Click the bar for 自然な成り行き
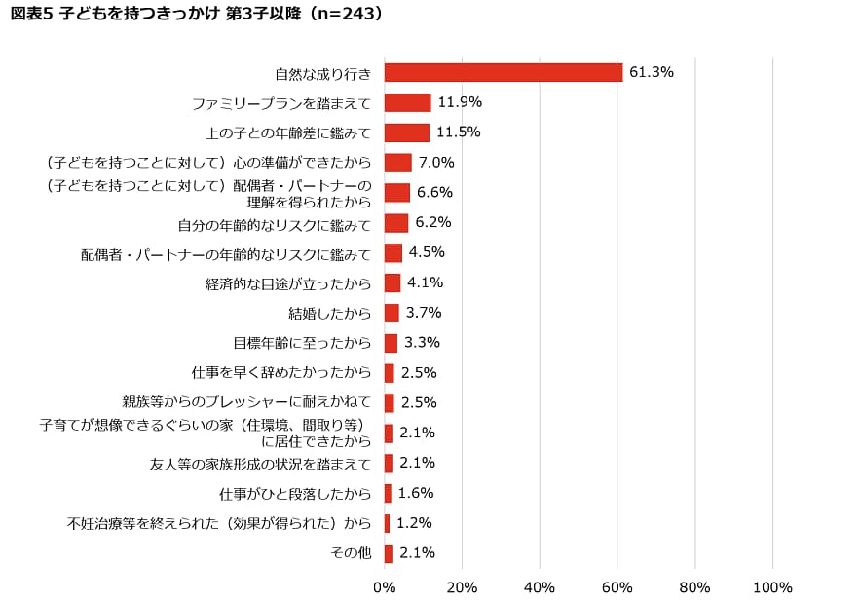click(x=504, y=72)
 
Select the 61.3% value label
click(x=652, y=72)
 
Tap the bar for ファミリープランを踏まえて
click(x=407, y=102)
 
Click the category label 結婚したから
click(x=330, y=314)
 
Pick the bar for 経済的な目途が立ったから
click(x=393, y=283)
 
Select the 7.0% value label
click(x=436, y=163)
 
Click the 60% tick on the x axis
click(x=617, y=587)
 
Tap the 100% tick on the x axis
click(x=772, y=587)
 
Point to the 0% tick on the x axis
click(x=385, y=587)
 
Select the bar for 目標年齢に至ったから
click(x=391, y=343)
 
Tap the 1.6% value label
click(x=416, y=493)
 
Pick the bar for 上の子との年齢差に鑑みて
click(x=407, y=132)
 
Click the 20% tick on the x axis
click(x=462, y=587)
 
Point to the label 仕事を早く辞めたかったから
click(x=281, y=373)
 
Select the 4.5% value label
click(x=427, y=252)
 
